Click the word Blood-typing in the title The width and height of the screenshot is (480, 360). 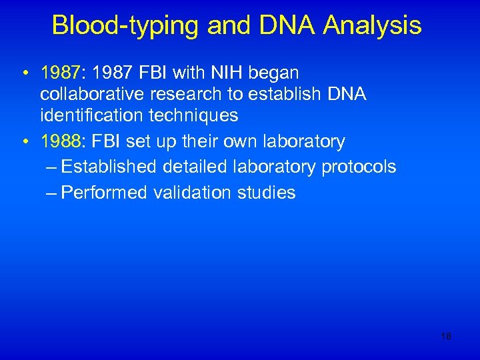[x=125, y=25]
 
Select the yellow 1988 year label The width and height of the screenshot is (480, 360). [x=61, y=141]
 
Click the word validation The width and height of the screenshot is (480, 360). [x=191, y=193]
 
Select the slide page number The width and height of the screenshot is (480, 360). [x=446, y=337]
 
